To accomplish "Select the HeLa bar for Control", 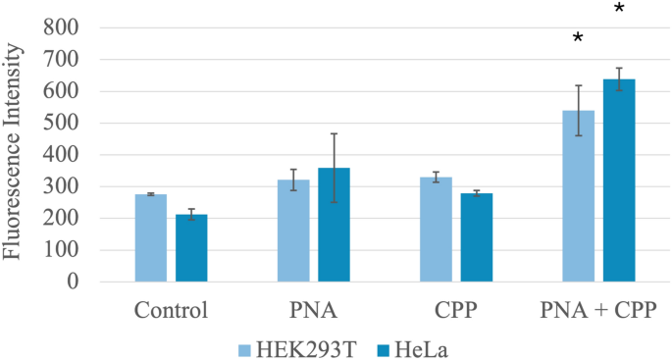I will [191, 247].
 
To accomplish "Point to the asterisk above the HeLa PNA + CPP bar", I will [619, 10].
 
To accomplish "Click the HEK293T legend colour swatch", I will [244, 348].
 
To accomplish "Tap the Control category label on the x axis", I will [171, 312].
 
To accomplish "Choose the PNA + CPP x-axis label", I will [598, 312].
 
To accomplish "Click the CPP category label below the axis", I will [455, 312].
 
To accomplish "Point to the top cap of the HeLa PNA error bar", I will [334, 133].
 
